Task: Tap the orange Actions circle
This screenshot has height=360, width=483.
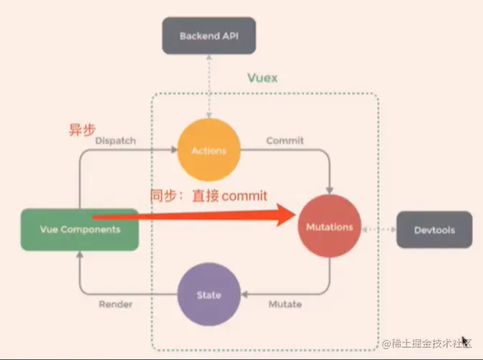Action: coord(208,150)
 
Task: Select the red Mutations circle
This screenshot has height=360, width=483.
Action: coord(330,226)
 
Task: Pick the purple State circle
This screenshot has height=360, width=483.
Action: coord(208,295)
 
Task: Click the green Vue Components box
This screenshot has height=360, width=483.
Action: coord(79,229)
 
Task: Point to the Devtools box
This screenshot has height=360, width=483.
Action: coord(434,230)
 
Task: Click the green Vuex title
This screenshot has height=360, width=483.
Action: coord(262,78)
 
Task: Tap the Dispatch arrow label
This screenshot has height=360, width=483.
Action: coord(115,141)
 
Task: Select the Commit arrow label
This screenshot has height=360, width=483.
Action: coord(285,141)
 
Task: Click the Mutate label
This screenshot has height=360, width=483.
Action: coord(285,305)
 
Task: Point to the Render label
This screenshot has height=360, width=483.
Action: coord(115,305)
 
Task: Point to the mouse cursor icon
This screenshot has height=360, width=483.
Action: coord(466,341)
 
